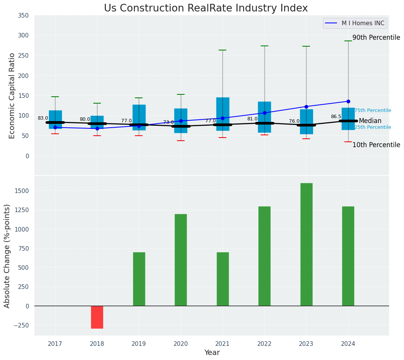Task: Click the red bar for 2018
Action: (97, 317)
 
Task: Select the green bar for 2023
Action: (306, 245)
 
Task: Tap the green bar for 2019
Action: (139, 279)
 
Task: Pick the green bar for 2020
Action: (181, 260)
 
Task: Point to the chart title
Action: (206, 8)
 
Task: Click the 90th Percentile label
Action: (376, 38)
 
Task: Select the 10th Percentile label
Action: (376, 145)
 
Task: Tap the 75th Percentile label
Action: (373, 110)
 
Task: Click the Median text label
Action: (370, 121)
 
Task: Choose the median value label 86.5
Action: (336, 117)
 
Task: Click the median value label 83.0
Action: (43, 118)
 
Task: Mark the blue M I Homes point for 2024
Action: (348, 101)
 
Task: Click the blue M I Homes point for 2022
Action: (264, 113)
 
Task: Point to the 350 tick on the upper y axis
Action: (23, 16)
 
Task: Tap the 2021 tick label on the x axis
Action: (222, 344)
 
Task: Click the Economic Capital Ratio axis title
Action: (12, 96)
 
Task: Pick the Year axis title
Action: (212, 353)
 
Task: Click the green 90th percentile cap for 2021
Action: (222, 50)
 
